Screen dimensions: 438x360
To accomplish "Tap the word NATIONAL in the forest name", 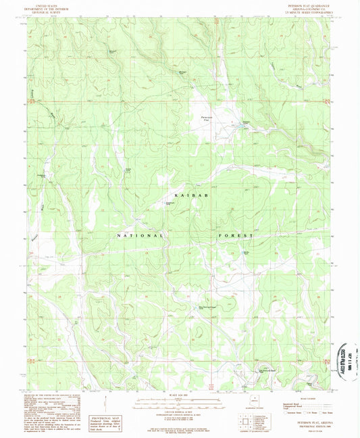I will (x=140, y=235).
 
